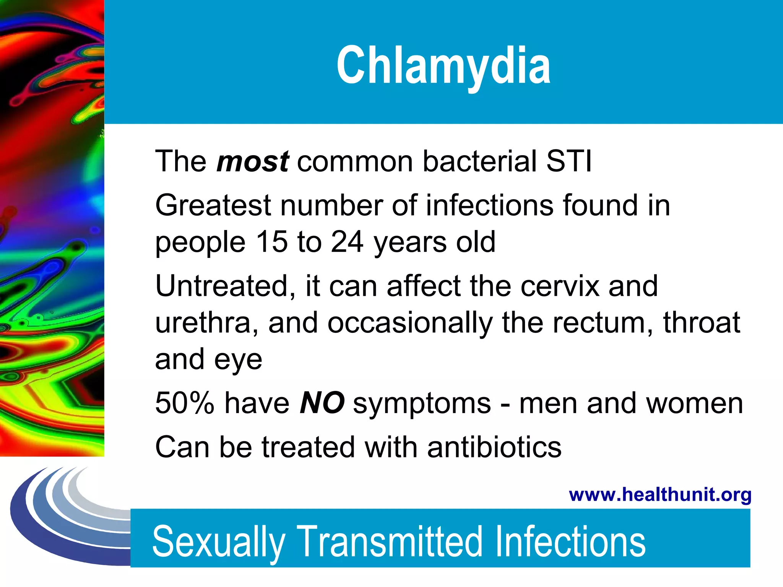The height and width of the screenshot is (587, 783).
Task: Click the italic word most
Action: point(253,161)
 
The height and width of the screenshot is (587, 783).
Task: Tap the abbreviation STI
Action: point(569,161)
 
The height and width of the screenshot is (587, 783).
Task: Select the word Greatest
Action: point(213,206)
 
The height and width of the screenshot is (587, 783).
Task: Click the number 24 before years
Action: point(347,242)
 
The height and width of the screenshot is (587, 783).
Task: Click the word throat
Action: point(702,323)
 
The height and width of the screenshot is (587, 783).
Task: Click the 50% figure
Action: point(185,403)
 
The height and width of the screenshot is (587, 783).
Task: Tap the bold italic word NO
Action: point(322,403)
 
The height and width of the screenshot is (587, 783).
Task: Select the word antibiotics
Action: point(494,447)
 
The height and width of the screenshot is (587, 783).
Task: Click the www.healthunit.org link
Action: point(660,495)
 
